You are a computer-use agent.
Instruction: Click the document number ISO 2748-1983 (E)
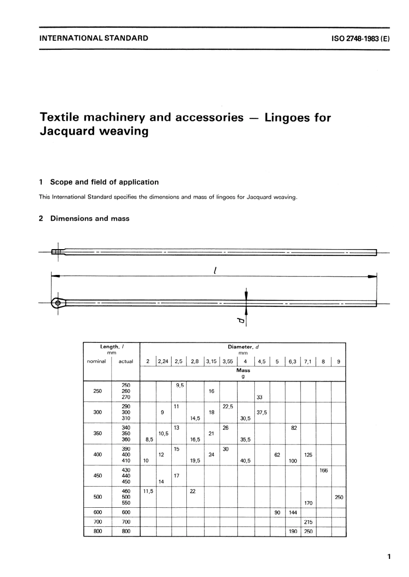360,38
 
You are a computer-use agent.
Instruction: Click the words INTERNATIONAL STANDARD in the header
94,38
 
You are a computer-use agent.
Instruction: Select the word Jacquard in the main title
65,131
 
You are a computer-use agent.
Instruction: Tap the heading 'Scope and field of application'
104,182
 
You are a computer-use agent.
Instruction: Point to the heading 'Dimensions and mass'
90,219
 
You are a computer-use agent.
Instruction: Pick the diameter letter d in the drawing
241,321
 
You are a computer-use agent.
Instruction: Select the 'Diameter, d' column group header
243,347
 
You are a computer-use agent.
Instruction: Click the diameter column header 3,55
227,361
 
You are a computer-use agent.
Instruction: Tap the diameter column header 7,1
307,361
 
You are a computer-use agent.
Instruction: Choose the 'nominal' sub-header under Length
96,361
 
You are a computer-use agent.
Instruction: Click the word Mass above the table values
243,370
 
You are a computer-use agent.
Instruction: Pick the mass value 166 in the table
323,470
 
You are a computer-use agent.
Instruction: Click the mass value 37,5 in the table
262,412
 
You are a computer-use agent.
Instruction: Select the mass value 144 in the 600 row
293,512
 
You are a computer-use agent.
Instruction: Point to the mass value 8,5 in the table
149,440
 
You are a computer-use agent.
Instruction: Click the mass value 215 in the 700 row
308,522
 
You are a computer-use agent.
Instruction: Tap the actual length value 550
126,503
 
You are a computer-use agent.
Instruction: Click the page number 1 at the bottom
389,557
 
